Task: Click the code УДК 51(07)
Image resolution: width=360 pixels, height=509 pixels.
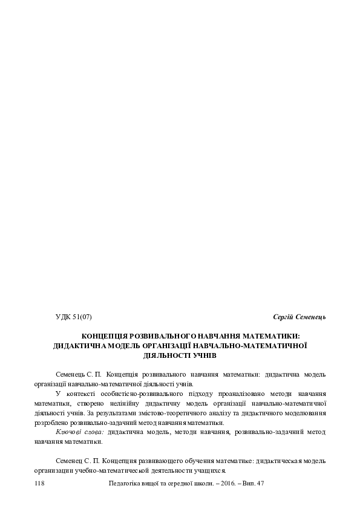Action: tap(73, 316)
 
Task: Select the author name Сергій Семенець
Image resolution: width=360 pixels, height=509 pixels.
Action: tap(299, 316)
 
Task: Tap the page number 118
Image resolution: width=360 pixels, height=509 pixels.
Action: tap(41, 484)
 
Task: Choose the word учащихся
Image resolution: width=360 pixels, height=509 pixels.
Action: tap(205, 470)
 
